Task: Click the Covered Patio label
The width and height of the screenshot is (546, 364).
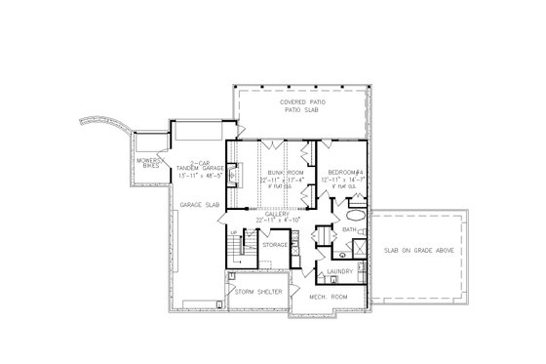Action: coord(301,101)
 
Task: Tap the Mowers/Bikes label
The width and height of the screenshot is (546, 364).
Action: coord(149,163)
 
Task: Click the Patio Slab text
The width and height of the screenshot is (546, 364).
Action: coord(301,109)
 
